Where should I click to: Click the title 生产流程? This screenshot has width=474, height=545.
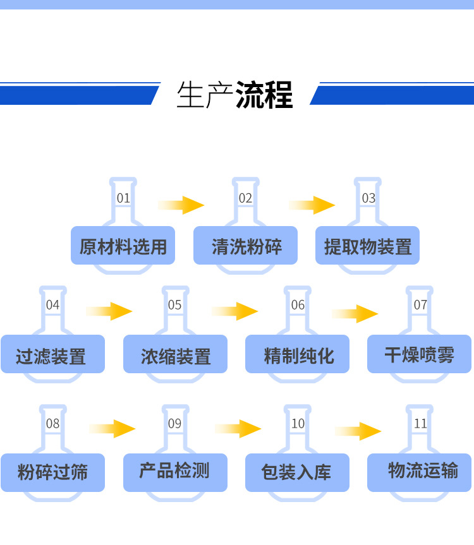tap(235, 95)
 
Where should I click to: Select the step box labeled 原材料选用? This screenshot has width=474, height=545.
tap(123, 246)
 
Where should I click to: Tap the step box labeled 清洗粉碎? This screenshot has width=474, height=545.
tap(245, 246)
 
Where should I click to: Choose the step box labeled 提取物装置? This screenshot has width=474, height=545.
tap(367, 246)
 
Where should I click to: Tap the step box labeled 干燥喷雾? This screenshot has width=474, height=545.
tap(419, 354)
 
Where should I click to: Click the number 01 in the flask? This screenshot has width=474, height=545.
tap(123, 198)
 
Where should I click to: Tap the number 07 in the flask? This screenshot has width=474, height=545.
tap(420, 305)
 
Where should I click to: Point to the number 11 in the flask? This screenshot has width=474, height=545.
tap(420, 424)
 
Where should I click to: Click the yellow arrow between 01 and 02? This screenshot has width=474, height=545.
tap(182, 205)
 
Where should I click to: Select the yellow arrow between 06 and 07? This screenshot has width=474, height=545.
tap(355, 313)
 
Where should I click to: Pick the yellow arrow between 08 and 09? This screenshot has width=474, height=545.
tap(113, 429)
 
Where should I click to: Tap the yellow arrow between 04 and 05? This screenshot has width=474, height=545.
tap(109, 311)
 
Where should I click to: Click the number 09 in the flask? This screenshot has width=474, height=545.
tap(175, 424)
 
